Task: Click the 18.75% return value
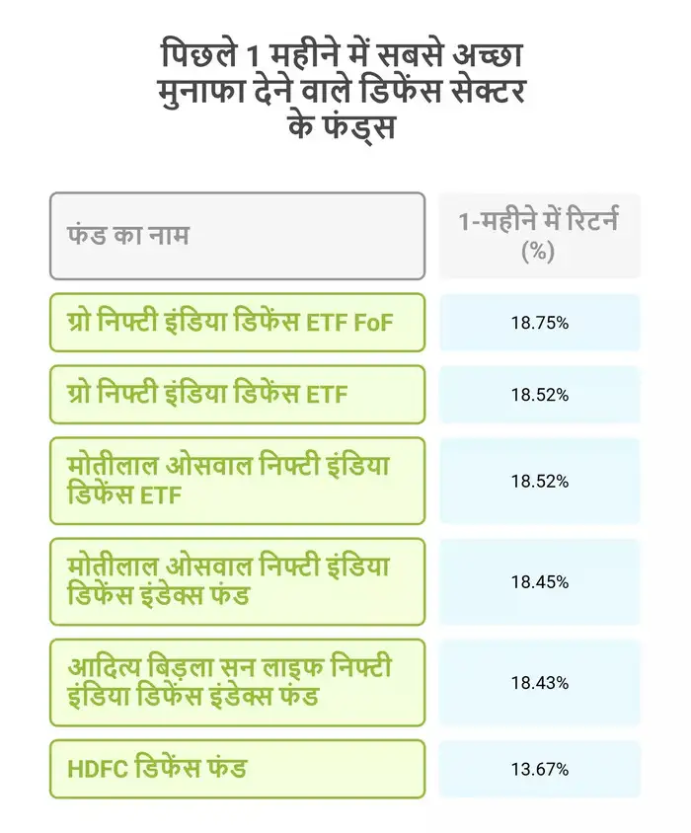(x=539, y=323)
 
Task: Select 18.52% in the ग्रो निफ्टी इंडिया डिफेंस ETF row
(x=539, y=395)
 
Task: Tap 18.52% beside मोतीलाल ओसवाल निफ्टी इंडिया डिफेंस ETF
(x=539, y=481)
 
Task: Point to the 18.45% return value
(x=539, y=581)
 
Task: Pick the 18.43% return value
(x=539, y=682)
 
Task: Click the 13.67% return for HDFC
(x=539, y=769)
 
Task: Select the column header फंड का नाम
(x=128, y=236)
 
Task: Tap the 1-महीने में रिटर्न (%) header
(x=539, y=236)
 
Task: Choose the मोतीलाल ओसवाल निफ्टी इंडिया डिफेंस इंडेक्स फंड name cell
(x=237, y=581)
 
